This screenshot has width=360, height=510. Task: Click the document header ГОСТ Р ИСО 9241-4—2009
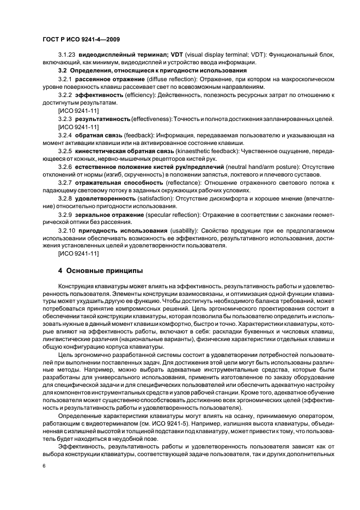pyautogui.click(x=81, y=39)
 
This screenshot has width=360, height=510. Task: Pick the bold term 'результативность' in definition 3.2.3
pyautogui.click(x=102, y=118)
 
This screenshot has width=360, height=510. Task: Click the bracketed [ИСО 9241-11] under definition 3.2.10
pyautogui.click(x=78, y=253)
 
